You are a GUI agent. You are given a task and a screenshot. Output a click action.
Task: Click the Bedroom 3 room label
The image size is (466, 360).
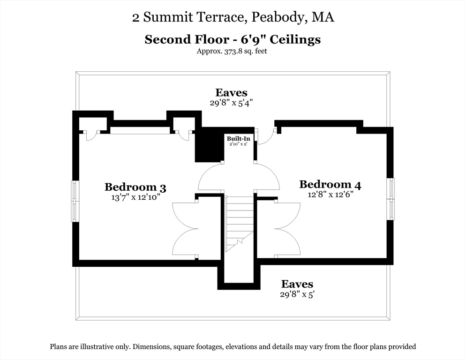click(x=135, y=187)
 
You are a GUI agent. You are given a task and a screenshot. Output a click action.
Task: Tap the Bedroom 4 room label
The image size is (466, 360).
click(x=330, y=184)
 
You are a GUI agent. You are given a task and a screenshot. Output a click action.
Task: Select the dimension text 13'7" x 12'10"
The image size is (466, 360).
click(x=135, y=197)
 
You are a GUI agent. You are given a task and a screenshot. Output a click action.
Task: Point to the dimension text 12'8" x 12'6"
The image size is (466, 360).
click(x=330, y=195)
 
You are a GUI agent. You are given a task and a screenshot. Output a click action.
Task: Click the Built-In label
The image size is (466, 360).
click(x=239, y=139)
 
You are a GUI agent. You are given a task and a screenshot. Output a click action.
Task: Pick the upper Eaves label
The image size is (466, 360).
click(x=231, y=92)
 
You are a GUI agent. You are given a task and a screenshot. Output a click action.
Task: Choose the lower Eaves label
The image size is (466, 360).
click(x=297, y=284)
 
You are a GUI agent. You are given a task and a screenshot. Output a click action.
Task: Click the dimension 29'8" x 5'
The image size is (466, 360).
click(x=297, y=294)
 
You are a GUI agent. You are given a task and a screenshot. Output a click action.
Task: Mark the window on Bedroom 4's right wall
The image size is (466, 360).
click(x=391, y=199)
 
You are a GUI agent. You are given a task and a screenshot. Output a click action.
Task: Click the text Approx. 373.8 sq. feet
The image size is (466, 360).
click(x=232, y=52)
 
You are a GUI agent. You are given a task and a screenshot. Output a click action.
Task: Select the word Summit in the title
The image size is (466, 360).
click(x=165, y=17)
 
